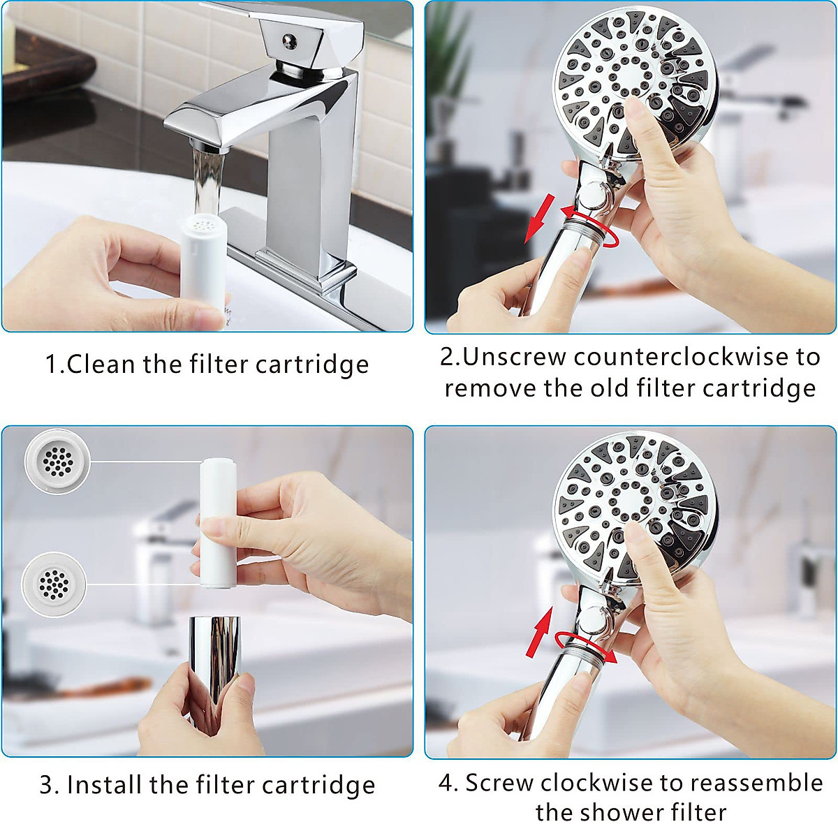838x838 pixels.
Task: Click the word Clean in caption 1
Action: (x=101, y=365)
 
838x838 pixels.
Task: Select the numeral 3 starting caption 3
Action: (x=47, y=786)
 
